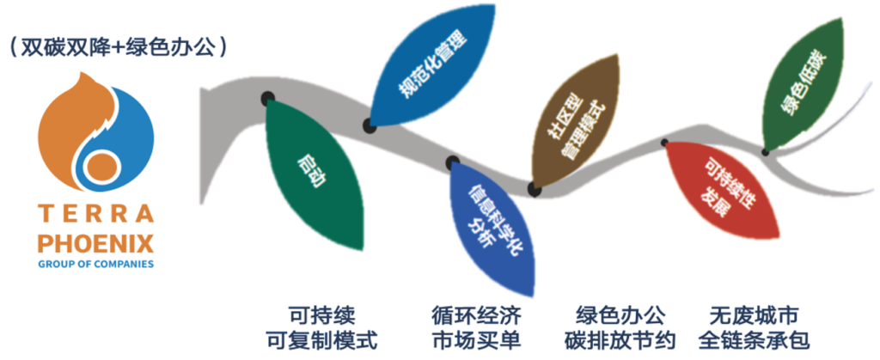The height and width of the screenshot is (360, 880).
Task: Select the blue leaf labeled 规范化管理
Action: point(432,66)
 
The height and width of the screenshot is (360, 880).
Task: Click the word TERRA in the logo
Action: point(95,214)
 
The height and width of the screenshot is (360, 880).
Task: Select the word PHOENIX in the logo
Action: point(95,245)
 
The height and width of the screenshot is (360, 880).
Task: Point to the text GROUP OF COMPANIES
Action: point(95,264)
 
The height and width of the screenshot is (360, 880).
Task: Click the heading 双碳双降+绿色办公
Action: point(119,48)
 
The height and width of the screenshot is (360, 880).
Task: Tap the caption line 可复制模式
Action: point(321,340)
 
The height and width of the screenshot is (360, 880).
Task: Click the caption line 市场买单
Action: point(476,340)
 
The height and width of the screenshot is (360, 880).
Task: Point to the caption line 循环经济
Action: point(476,315)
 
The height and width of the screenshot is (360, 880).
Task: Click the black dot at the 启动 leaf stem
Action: point(268,98)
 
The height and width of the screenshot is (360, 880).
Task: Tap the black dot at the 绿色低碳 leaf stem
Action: point(765,151)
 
